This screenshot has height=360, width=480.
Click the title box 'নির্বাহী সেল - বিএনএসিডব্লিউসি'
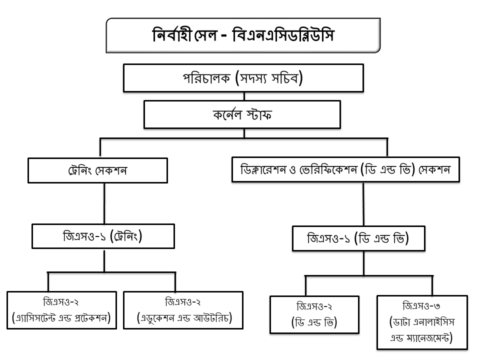pos(243,35)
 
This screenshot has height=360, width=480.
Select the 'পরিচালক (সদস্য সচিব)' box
pos(243,78)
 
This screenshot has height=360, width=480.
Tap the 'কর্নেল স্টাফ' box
pos(242,114)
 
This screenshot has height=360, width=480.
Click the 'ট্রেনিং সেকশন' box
pos(97,170)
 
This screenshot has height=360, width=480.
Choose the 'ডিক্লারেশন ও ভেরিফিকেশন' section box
pos(345,169)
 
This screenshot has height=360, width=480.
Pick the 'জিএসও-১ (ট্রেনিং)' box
pos(103,236)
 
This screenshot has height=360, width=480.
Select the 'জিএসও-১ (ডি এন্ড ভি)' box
pos(358,238)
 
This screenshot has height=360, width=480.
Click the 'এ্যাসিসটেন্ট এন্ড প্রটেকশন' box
pos(61,310)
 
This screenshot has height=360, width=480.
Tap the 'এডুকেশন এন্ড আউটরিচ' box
pos(183,310)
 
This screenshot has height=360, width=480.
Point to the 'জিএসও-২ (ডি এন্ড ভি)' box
pos(314,314)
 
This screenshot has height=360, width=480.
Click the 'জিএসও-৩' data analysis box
pos(422,322)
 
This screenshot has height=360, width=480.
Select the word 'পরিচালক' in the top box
pos(206,78)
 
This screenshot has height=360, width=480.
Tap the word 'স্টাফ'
pos(258,115)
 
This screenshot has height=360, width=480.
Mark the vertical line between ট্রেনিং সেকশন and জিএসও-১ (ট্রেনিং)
pos(104,203)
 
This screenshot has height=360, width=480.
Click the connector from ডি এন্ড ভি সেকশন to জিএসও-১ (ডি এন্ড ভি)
pos(363,204)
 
